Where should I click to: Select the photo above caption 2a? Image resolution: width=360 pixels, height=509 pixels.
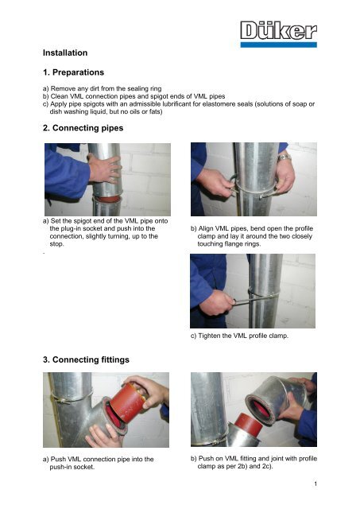click(x=107, y=179)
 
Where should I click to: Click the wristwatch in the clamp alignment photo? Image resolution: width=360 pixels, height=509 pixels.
click(x=285, y=157)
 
